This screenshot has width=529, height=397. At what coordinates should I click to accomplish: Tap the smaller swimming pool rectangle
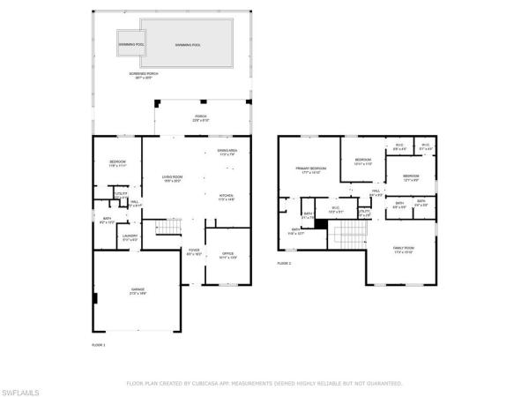tap(132, 43)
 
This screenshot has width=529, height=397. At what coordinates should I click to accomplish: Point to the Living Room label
tap(171, 179)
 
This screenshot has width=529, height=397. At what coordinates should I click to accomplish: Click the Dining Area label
tap(227, 153)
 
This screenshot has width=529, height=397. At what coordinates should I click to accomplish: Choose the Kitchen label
tap(227, 197)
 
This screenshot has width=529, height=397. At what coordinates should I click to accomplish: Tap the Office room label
tap(227, 255)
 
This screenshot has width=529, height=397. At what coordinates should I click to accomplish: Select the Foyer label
tap(194, 252)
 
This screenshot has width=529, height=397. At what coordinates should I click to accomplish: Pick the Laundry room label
tap(129, 236)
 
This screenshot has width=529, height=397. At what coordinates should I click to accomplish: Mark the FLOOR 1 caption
tap(99, 344)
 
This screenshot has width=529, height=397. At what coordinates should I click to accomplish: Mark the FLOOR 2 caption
tap(284, 263)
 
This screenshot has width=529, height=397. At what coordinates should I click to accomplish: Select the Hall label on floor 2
tap(376, 191)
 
